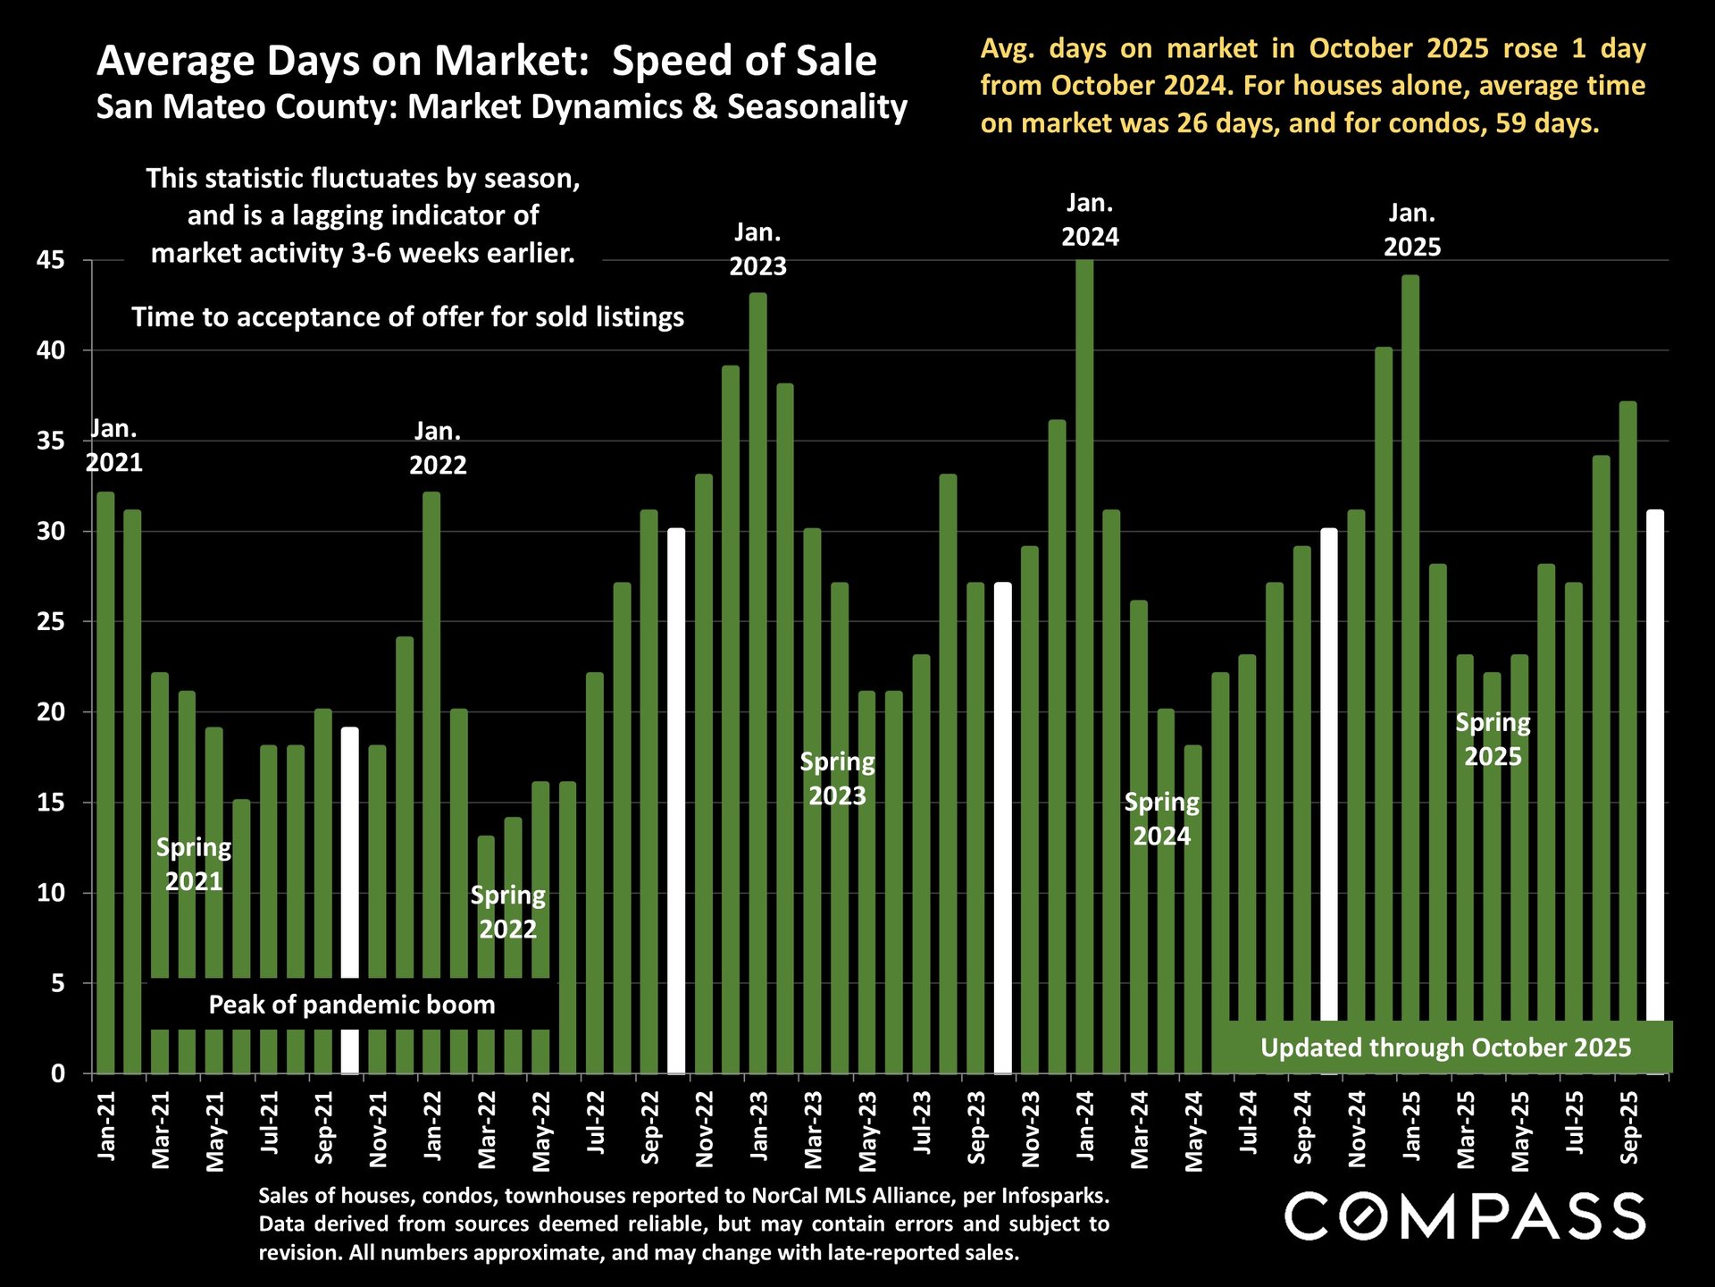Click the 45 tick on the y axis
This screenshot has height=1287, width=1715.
tap(51, 261)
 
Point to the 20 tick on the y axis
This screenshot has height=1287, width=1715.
tap(51, 712)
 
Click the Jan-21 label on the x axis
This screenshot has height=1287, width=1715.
tap(106, 1126)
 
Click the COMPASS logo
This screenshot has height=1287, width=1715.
tap(1464, 1216)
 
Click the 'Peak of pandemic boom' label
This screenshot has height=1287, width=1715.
tap(352, 1005)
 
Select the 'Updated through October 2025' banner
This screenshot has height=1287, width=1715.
tap(1445, 1047)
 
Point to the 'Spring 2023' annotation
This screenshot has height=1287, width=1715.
tap(837, 778)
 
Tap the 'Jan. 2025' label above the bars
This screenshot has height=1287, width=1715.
tap(1411, 230)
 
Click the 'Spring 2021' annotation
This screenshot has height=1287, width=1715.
tap(194, 864)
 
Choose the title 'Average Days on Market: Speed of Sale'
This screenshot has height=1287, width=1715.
tap(487, 61)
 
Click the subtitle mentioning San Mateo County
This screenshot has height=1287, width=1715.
tap(501, 106)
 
